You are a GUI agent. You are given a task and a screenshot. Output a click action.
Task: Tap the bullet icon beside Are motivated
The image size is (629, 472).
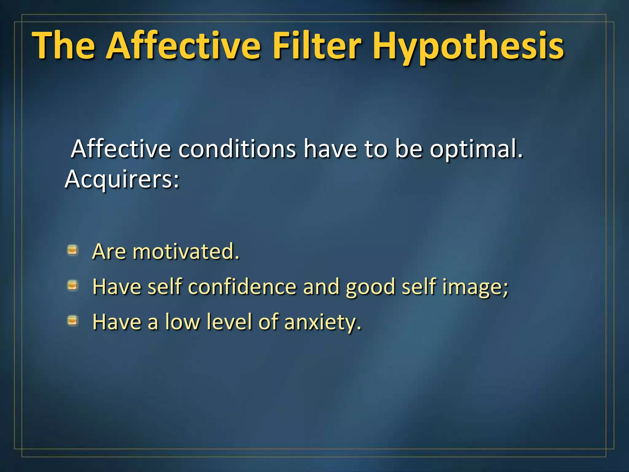(x=72, y=250)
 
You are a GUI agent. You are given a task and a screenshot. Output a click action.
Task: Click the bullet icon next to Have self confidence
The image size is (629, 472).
(x=72, y=286)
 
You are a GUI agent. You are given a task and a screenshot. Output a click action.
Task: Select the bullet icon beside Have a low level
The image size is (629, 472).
(x=72, y=321)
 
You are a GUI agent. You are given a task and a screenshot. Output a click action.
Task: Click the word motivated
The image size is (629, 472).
(x=186, y=252)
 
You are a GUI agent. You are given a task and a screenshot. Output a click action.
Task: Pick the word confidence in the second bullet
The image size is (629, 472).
(x=242, y=287)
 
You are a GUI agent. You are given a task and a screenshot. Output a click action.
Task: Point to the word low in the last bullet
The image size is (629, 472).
(x=182, y=322)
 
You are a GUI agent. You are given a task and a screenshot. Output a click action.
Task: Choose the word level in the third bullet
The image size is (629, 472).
(x=229, y=322)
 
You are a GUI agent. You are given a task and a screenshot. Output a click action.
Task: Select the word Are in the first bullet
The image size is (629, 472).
(x=109, y=252)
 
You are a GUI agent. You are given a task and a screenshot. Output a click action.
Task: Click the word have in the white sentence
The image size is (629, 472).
(x=330, y=149)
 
